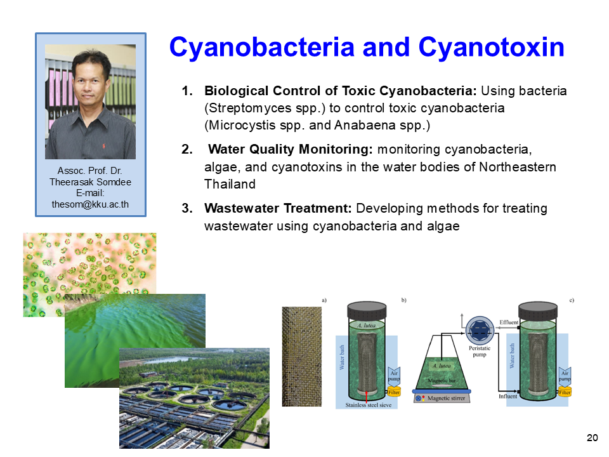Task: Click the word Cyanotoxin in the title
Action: point(491,48)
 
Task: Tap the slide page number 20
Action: point(593,437)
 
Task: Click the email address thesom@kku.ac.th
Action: point(90,204)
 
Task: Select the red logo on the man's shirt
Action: point(103,146)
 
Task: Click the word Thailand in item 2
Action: point(230,184)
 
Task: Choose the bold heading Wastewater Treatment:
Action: point(278,208)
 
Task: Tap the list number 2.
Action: point(187,149)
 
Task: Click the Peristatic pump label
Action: point(480,351)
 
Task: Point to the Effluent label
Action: point(509,322)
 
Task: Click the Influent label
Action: point(508,396)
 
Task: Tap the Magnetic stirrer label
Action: point(446,398)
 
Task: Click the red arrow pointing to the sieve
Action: point(367,396)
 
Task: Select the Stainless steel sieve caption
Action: point(369,405)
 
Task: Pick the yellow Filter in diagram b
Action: point(394,392)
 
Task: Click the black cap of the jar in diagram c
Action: point(538,311)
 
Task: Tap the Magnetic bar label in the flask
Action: point(442,381)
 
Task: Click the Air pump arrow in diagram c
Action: point(565,376)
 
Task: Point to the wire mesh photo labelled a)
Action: point(302,357)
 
